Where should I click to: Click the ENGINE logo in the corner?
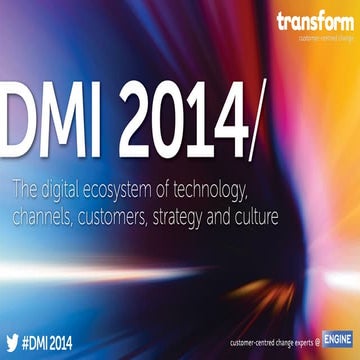pyautogui.click(x=336, y=340)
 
